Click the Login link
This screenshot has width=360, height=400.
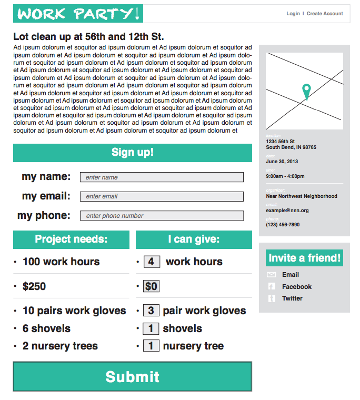[293, 14]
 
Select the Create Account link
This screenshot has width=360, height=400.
[325, 14]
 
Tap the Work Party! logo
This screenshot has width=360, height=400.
[78, 14]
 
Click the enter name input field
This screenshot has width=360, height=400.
[162, 177]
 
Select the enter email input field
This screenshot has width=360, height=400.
[162, 196]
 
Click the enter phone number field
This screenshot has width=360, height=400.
[162, 216]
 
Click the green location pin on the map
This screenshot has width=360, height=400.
[306, 91]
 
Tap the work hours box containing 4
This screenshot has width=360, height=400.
[151, 262]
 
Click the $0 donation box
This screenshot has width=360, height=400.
[151, 286]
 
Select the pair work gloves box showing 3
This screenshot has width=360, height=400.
[151, 311]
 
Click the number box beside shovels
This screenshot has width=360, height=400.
[151, 328]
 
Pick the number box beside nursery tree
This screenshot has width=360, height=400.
[151, 346]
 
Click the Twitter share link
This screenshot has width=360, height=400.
[292, 298]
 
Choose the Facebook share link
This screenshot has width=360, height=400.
[296, 287]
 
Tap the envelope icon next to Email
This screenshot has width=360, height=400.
[272, 275]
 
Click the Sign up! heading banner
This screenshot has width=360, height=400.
[133, 153]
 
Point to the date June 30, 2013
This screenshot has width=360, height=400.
[282, 162]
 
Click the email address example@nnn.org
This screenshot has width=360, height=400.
[287, 211]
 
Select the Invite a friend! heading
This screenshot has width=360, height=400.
[305, 258]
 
